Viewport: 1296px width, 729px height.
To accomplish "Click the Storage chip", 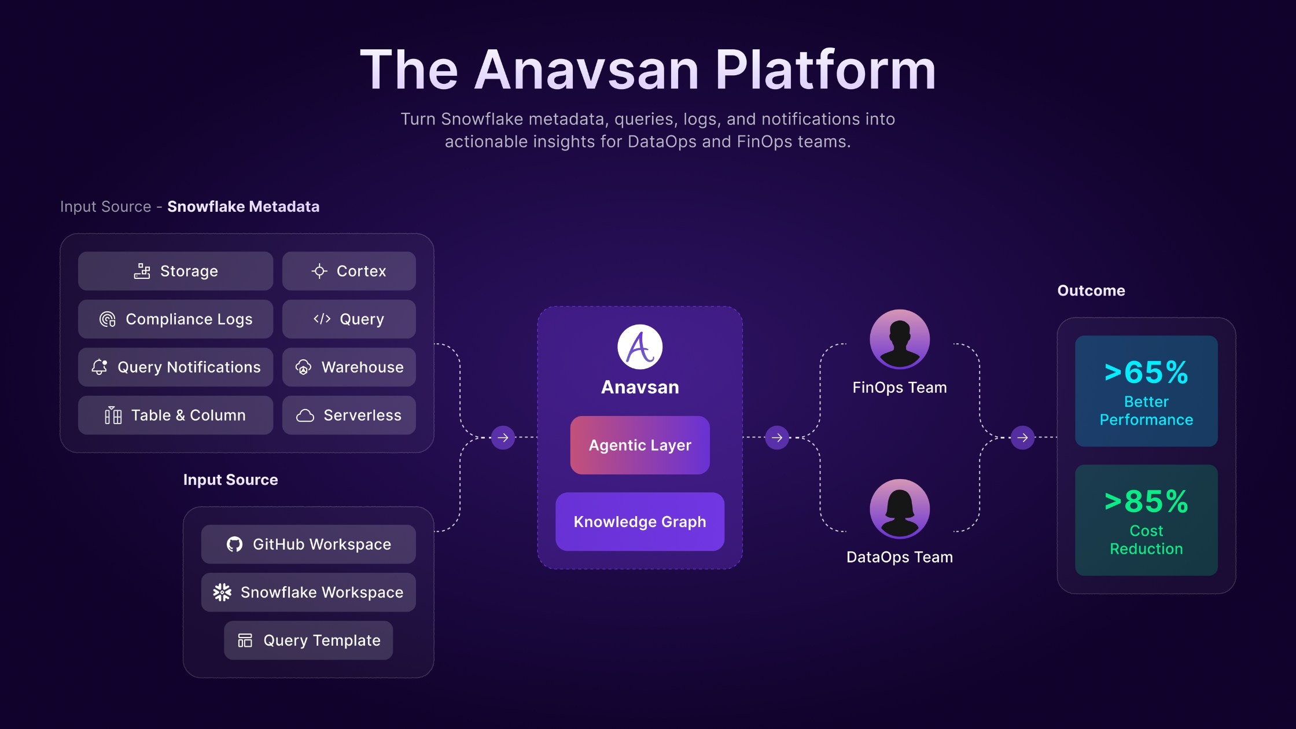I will (x=175, y=271).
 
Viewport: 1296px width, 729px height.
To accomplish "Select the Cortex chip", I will (x=349, y=271).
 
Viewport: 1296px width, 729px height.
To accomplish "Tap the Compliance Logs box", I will (x=175, y=319).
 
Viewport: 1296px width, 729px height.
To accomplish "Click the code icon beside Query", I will (x=322, y=319).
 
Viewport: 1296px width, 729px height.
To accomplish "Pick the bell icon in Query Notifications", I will (x=100, y=367).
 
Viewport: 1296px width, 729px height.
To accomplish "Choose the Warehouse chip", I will (x=349, y=367).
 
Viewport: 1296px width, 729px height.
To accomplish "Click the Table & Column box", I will (x=175, y=415).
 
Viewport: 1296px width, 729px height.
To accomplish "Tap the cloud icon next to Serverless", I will (x=305, y=415).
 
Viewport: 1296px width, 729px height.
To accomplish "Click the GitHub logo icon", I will (x=234, y=544).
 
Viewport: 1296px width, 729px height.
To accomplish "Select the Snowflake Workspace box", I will (x=308, y=592).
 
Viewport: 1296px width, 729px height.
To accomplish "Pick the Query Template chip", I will (x=308, y=640).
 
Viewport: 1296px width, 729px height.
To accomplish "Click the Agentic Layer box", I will (x=640, y=445).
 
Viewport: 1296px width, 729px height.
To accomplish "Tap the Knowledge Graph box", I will (x=640, y=521).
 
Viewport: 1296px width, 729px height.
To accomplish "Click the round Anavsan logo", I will (x=640, y=347).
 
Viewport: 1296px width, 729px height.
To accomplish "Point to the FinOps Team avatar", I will (x=900, y=339).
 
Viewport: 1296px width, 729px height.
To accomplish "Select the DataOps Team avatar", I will (x=900, y=509).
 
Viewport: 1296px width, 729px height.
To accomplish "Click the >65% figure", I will (x=1146, y=372).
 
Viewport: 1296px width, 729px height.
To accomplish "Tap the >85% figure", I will (x=1146, y=501).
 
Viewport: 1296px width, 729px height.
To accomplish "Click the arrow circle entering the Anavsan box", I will (x=503, y=437).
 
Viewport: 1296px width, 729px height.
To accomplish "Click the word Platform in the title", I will (x=825, y=70).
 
